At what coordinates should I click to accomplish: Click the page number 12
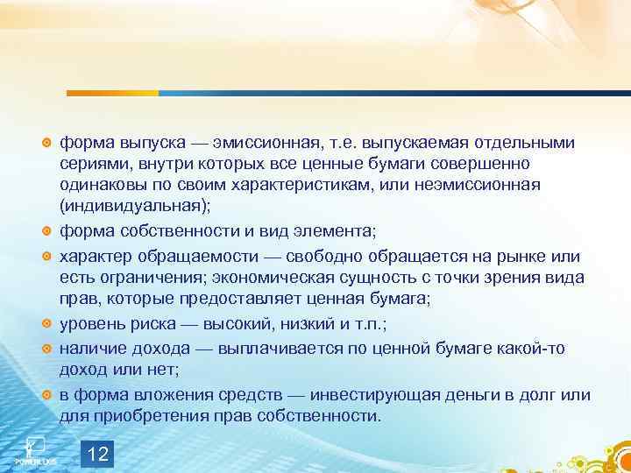point(100,454)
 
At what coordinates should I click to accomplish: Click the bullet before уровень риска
point(48,325)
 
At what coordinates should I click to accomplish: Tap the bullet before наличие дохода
point(48,349)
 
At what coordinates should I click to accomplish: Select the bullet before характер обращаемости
point(48,257)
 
